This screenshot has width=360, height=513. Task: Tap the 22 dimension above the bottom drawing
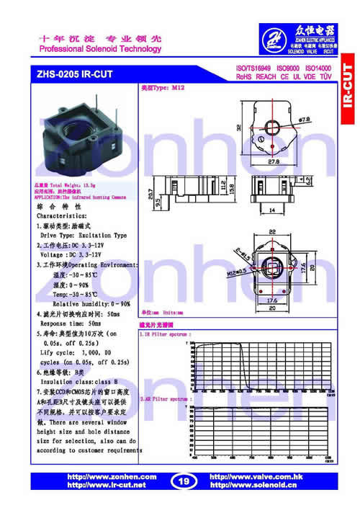tap(272, 232)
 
